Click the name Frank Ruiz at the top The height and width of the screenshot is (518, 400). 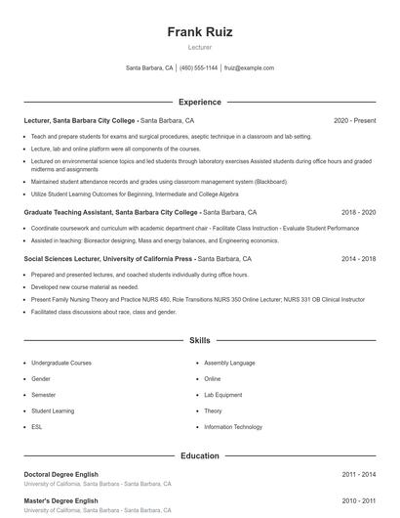coord(200,32)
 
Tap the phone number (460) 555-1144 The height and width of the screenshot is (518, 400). coord(199,68)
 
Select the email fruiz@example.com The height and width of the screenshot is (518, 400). coord(249,68)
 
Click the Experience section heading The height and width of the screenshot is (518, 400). coord(200,102)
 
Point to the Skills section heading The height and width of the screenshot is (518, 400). coord(200,341)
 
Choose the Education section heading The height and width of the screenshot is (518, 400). coord(200,455)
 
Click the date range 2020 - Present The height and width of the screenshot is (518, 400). coord(354,120)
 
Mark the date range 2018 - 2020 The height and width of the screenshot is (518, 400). coord(358,212)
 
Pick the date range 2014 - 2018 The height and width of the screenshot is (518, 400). coord(358,259)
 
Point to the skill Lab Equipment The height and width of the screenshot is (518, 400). coord(224,395)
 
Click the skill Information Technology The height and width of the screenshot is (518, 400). coord(233,427)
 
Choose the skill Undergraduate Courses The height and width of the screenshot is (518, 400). coord(60,363)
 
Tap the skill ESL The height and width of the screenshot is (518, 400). coord(36,427)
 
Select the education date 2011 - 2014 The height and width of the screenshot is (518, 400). coord(358,474)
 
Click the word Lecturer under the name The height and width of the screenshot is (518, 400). coord(200,47)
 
